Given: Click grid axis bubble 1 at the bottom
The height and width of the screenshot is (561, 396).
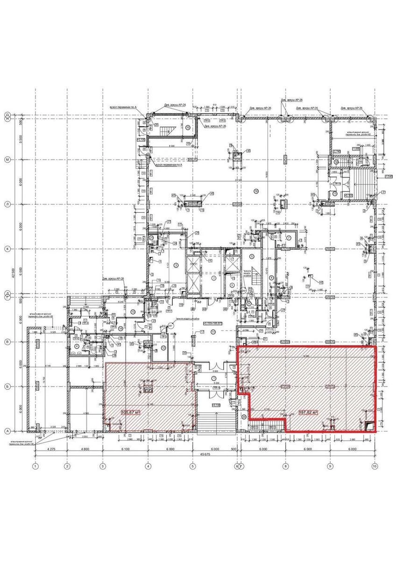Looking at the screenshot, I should [35, 466].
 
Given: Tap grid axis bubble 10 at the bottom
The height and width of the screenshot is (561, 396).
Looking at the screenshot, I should [374, 466].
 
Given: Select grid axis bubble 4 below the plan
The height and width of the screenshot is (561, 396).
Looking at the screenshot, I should [148, 466].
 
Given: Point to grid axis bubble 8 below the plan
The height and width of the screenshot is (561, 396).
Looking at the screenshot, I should [285, 466].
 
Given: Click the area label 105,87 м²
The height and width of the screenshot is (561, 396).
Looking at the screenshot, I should [131, 412].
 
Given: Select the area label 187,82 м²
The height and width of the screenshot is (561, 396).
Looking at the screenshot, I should [308, 413].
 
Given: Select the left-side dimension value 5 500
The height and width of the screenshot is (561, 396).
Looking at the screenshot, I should [21, 139].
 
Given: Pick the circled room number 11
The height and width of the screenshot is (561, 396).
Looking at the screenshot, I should [213, 331].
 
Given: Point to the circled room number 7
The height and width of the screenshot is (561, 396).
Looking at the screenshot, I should [290, 238].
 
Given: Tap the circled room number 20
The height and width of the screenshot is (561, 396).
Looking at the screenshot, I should [244, 417].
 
